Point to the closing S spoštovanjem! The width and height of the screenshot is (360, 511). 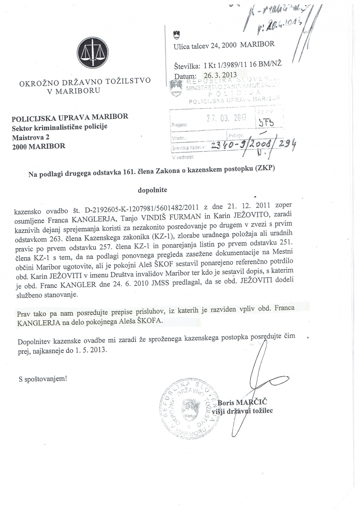(43, 378)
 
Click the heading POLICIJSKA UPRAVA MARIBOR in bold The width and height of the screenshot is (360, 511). (70, 117)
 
